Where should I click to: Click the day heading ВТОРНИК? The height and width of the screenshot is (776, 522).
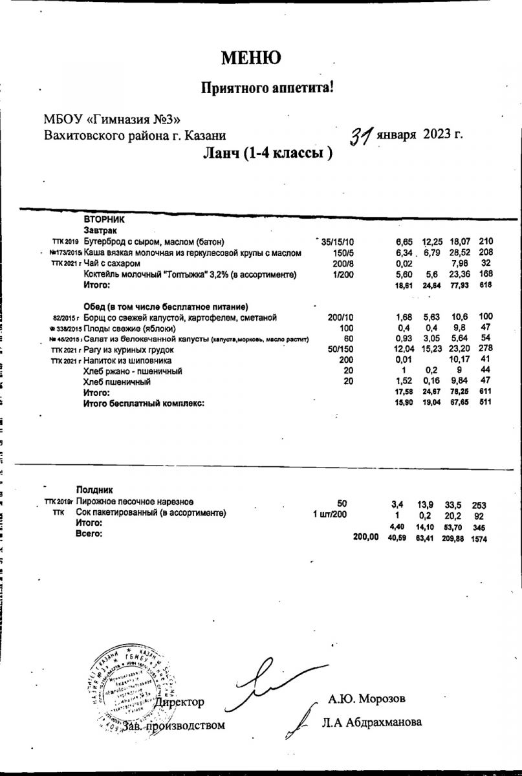click(x=103, y=220)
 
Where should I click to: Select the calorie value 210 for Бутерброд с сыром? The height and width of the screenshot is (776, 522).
click(x=486, y=242)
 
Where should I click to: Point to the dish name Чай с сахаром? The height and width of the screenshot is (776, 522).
click(x=112, y=264)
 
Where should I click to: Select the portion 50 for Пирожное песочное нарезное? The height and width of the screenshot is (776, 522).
click(x=342, y=503)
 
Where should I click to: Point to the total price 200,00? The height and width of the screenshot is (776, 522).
click(x=365, y=537)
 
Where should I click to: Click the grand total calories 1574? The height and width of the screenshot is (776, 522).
click(x=479, y=537)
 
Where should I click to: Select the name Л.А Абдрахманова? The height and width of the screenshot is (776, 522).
click(x=375, y=722)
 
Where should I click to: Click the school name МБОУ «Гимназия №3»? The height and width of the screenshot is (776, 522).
click(x=112, y=118)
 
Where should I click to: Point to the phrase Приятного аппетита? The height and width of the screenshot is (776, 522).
click(x=268, y=87)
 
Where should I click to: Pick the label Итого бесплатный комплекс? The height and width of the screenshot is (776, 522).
click(x=144, y=403)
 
